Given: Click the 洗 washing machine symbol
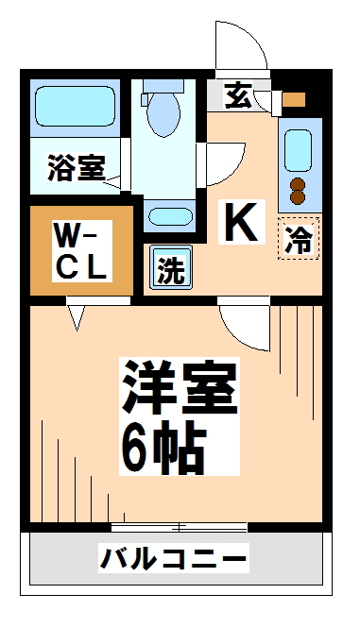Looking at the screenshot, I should click(170, 270).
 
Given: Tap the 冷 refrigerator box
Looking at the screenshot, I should click(299, 238).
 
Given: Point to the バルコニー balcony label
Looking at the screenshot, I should click(174, 559).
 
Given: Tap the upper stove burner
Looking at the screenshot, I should click(299, 183).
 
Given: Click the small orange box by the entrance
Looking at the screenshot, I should click(295, 98).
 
